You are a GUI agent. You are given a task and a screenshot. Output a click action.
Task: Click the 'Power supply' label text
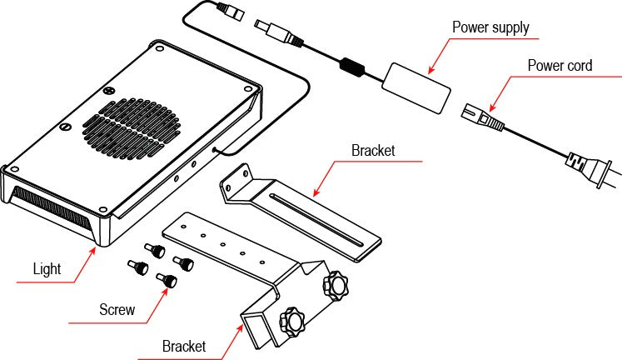[x=490, y=27]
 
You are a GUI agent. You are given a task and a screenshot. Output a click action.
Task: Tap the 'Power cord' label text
[x=559, y=65]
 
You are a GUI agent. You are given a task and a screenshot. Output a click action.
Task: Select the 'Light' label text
[x=47, y=269]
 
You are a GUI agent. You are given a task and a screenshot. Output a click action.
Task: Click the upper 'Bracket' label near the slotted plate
[x=372, y=152]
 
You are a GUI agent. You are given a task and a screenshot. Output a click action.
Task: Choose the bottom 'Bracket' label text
[x=184, y=345]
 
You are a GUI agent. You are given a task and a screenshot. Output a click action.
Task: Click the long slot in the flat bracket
[x=314, y=220]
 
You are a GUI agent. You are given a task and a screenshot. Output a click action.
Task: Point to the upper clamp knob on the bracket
[x=336, y=286]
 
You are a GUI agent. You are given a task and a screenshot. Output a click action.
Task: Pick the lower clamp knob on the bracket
[x=294, y=320]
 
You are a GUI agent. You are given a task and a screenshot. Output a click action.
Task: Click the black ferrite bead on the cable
[x=351, y=64]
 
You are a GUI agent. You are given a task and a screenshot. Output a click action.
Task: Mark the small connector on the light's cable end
[x=226, y=12]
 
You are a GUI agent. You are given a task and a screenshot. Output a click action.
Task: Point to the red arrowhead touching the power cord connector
[x=491, y=108]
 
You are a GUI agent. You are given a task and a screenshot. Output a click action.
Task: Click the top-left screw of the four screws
[x=154, y=249]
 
